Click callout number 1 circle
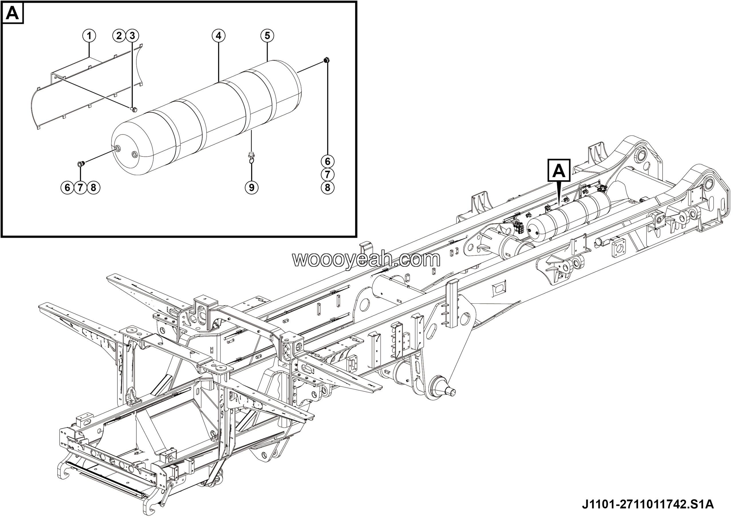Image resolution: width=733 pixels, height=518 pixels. tap(89, 36)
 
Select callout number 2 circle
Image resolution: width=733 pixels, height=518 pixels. tap(119, 36)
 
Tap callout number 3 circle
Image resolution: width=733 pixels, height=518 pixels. tap(132, 36)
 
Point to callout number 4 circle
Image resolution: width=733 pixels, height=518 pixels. tap(218, 36)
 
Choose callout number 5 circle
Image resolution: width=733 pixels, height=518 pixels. tap(267, 36)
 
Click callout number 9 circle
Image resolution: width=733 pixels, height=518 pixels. tap(252, 187)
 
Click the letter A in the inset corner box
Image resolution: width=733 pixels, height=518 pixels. tap(12, 13)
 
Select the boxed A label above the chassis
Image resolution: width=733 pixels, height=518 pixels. tap(559, 171)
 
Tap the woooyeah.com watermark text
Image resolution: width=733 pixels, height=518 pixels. tap(366, 260)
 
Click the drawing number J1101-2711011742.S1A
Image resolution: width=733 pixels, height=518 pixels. tap(648, 504)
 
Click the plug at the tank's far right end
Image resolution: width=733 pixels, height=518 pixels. tap(327, 60)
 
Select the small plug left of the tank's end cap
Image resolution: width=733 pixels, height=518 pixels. tap(80, 164)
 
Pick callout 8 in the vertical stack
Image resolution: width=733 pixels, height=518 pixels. tap(328, 187)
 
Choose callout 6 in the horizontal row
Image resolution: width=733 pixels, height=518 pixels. tap(67, 187)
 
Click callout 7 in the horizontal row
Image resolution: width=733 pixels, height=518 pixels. tap(80, 187)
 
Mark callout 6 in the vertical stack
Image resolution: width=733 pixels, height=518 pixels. tap(328, 162)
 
